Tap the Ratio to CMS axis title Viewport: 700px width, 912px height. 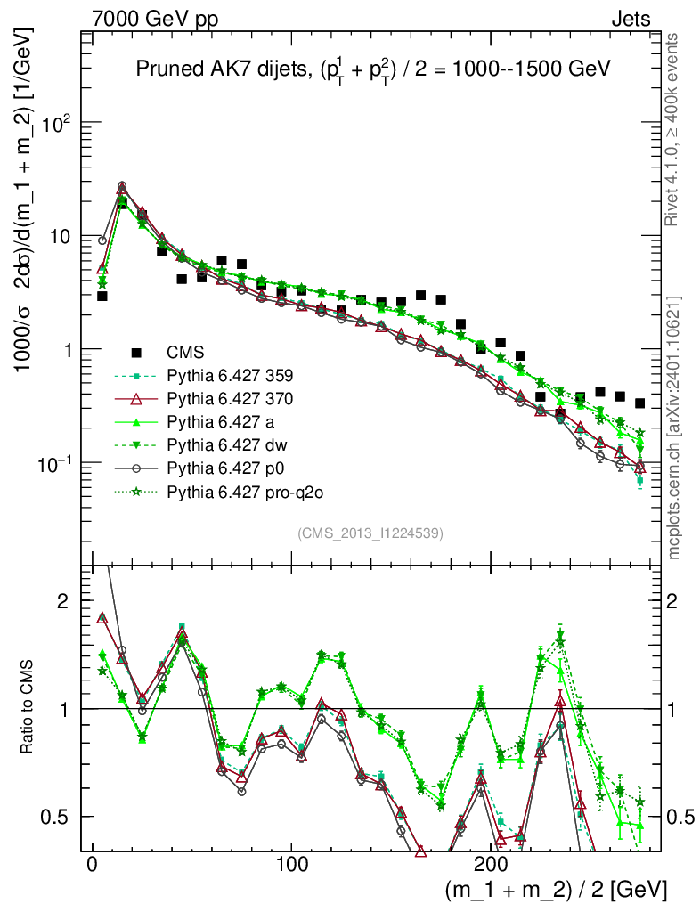point(27,709)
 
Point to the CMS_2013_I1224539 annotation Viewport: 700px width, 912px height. point(370,533)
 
